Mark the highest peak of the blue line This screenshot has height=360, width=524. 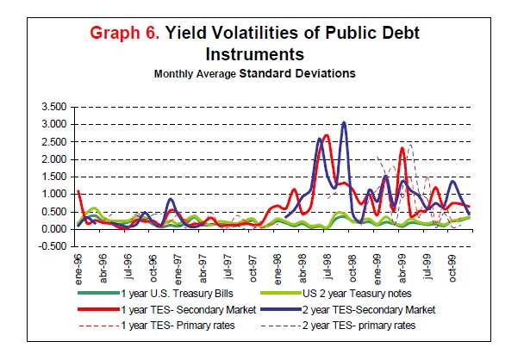click(344, 122)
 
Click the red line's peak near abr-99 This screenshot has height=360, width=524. click(402, 149)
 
